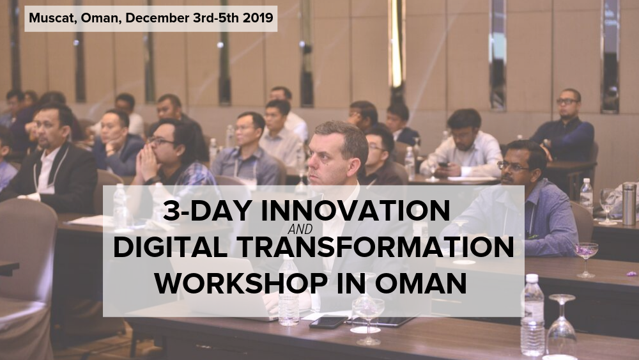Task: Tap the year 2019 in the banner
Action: [258, 19]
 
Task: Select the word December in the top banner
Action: [157, 19]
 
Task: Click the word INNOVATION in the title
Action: [355, 210]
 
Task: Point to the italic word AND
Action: [300, 230]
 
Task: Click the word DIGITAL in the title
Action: [171, 247]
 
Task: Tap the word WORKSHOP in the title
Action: [241, 283]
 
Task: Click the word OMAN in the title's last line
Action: [420, 283]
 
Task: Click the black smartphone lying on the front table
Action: [328, 322]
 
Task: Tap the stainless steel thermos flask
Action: [629, 204]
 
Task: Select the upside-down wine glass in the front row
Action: [562, 325]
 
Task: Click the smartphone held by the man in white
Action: [443, 164]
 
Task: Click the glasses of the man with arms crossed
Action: [567, 101]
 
